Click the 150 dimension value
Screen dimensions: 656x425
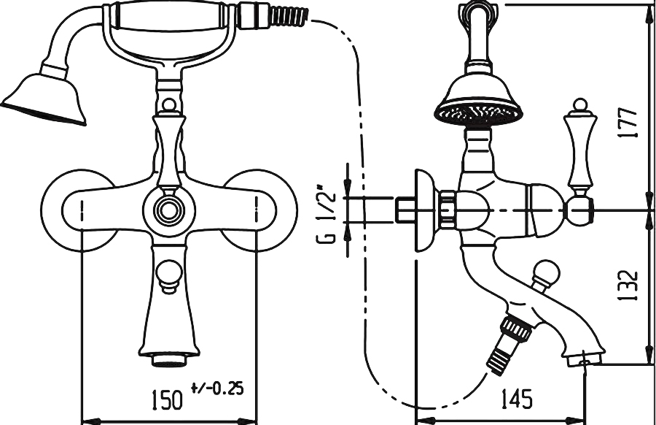click(x=167, y=399)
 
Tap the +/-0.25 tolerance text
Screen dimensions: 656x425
click(x=217, y=388)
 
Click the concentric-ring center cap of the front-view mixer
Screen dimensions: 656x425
click(x=169, y=210)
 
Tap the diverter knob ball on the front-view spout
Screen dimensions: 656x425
click(x=169, y=276)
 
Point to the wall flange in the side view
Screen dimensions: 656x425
click(x=426, y=210)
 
